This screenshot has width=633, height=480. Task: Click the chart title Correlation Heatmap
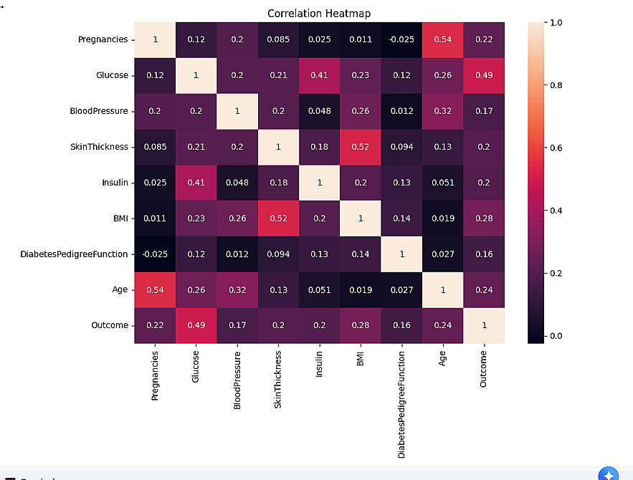point(319,14)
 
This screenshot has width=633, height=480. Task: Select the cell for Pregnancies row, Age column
point(443,39)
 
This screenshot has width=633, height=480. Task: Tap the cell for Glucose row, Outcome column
point(484,75)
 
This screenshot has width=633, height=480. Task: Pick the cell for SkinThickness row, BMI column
point(361,147)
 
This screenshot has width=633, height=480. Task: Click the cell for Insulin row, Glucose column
point(196,183)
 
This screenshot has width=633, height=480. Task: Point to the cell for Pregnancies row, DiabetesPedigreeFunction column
point(401,39)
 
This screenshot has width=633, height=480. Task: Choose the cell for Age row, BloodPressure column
point(237,289)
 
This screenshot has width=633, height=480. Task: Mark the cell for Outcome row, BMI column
point(361,325)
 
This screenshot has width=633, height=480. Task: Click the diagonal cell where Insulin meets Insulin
point(319,183)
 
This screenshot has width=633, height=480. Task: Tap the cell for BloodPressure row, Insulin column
point(319,111)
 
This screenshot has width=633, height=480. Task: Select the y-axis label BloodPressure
point(99,111)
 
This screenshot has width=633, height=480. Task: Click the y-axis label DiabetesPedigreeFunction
point(74,254)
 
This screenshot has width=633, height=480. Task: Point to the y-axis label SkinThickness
point(99,147)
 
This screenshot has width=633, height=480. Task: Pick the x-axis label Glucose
point(196,367)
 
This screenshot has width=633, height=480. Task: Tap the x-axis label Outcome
point(484,369)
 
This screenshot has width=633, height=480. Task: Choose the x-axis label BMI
point(361,358)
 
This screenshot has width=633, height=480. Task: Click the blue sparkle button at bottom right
point(608,474)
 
